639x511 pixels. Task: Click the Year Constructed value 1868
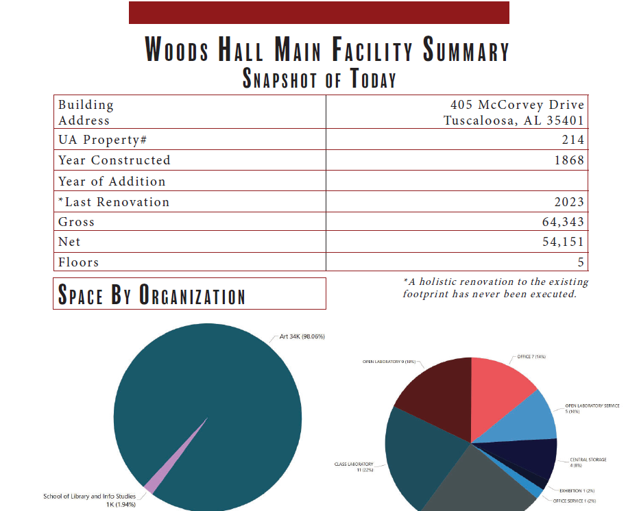tap(568, 160)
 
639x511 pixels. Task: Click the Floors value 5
tap(581, 262)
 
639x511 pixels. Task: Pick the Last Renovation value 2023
tap(568, 202)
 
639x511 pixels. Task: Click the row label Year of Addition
tap(112, 182)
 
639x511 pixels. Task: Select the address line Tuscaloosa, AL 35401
tap(514, 121)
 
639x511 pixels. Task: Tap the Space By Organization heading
tap(152, 295)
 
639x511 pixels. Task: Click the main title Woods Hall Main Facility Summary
tap(327, 51)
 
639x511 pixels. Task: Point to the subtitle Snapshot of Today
tap(319, 79)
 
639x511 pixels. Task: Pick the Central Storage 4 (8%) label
tap(588, 463)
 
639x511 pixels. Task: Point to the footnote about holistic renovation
tap(495, 288)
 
